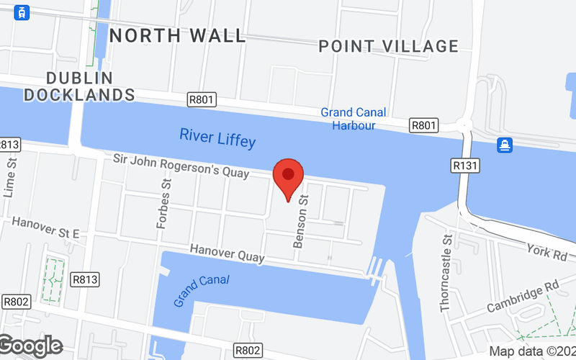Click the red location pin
[289, 177]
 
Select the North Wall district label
[178, 35]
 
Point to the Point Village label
[389, 46]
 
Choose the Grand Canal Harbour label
[354, 119]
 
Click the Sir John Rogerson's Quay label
[181, 166]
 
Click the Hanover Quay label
[228, 253]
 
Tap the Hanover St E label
[45, 227]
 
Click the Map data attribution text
[532, 351]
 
